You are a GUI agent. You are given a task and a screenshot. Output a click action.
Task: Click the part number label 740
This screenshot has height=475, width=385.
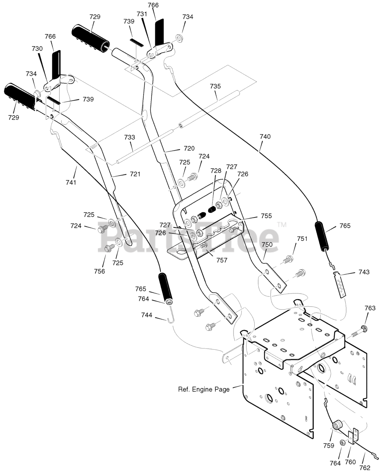point(265,137)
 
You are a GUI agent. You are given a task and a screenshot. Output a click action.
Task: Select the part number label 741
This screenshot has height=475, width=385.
point(71,183)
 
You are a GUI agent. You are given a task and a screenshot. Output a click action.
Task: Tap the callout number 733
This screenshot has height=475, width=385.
point(130,137)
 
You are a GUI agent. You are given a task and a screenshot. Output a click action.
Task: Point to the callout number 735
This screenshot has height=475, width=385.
point(215,86)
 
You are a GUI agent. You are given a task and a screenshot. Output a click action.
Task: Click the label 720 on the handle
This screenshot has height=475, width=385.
point(189,148)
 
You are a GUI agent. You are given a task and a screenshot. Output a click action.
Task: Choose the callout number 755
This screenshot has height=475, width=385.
point(266,216)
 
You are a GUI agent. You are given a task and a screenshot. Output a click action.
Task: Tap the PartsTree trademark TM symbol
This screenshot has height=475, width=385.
point(282,225)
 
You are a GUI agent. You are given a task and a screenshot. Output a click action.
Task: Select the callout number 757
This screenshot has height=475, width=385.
point(222,260)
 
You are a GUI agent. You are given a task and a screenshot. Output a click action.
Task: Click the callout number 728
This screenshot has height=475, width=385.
point(216,171)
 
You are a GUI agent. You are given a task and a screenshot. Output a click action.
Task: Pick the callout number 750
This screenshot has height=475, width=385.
point(267,245)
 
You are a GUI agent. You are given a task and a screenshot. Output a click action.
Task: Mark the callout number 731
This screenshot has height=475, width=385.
point(142,14)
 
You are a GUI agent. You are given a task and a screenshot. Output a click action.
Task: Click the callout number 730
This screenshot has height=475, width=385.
point(37,48)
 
